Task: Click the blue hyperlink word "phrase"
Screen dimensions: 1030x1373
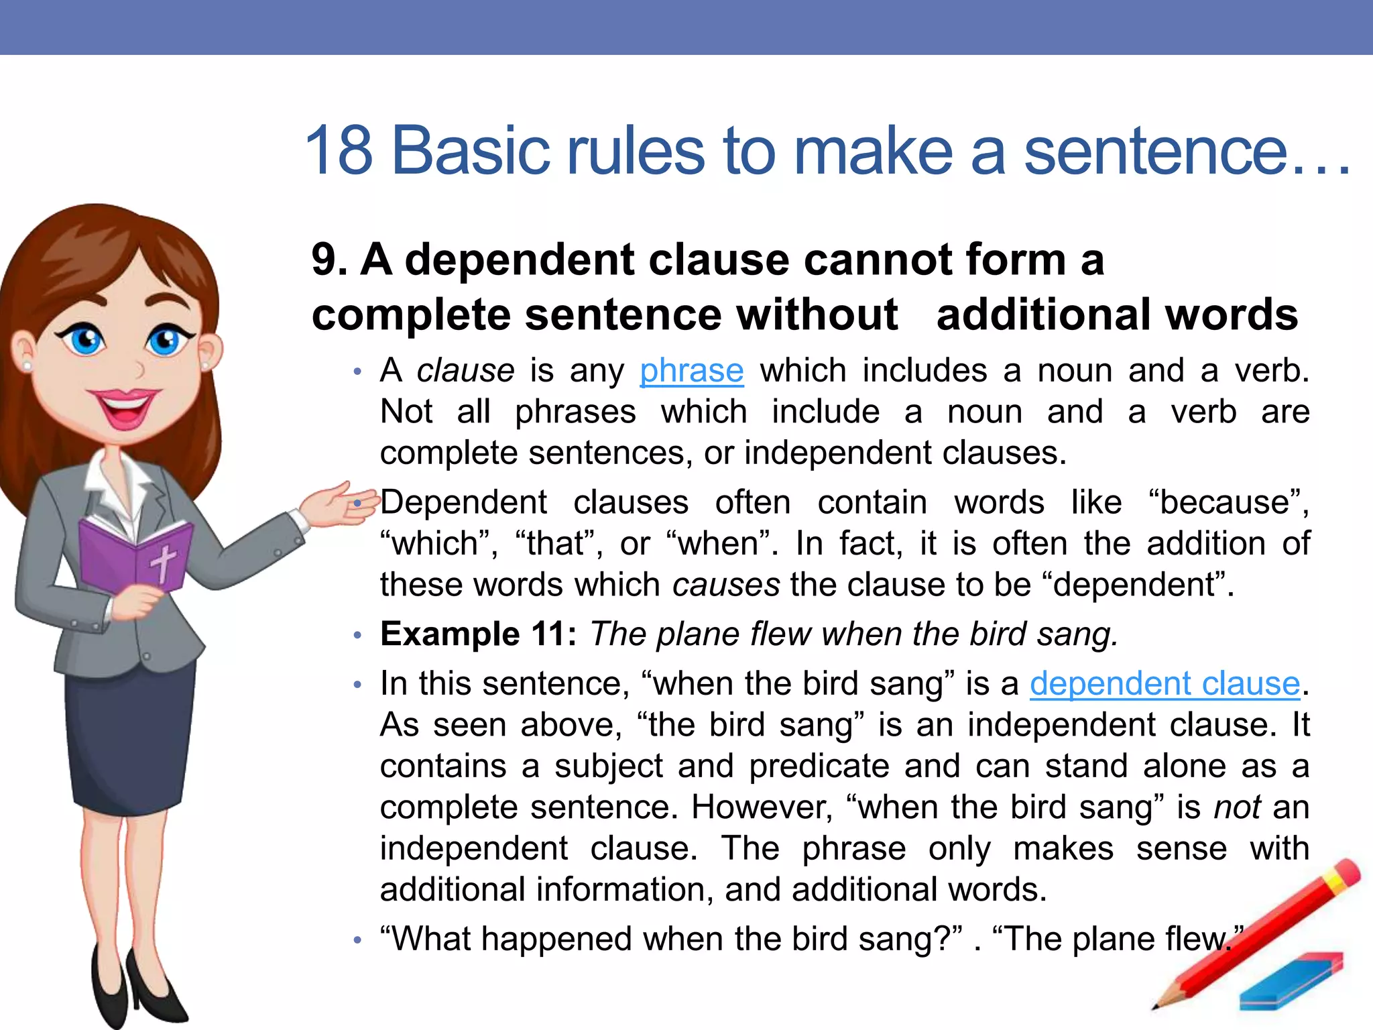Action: point(691,371)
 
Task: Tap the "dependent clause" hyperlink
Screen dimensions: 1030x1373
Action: point(1165,684)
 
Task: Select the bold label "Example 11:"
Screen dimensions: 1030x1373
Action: point(478,634)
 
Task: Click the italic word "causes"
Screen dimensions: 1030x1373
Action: point(726,585)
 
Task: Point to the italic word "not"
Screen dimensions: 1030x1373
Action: point(1237,807)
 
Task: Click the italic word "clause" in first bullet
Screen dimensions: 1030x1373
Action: point(465,371)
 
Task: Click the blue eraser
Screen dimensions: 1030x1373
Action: point(1291,981)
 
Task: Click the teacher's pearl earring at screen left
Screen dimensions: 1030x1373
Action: point(27,365)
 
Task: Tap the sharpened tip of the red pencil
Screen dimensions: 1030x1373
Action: point(1155,1006)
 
